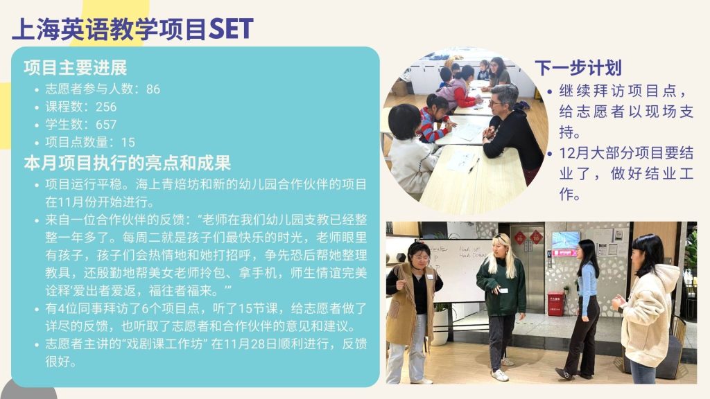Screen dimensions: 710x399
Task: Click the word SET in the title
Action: coord(231,29)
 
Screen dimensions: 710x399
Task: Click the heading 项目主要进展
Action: coord(76,68)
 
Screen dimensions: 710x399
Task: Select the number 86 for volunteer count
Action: coord(153,89)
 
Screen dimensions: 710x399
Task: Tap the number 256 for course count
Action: coord(106,107)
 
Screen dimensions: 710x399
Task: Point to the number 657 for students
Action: coord(106,125)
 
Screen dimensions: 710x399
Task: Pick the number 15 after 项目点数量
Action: coord(128,142)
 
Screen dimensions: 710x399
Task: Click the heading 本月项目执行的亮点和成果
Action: coord(128,163)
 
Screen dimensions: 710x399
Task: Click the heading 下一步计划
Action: coord(578,68)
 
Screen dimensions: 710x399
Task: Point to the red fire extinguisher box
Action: coord(555,303)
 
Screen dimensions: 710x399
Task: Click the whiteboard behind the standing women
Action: coord(458,270)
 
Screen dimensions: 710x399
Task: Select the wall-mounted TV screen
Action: coord(566,242)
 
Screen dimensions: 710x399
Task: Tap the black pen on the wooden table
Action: coord(474,166)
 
